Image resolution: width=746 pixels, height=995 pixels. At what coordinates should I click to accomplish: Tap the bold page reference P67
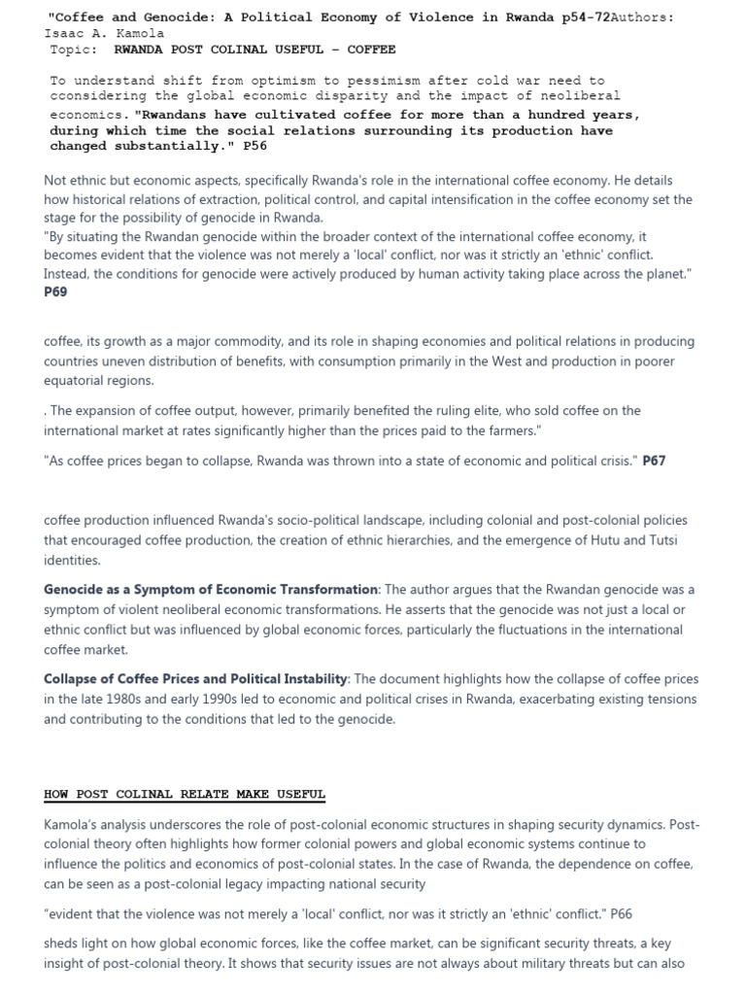pos(654,461)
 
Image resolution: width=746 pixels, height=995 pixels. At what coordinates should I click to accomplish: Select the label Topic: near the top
pos(74,49)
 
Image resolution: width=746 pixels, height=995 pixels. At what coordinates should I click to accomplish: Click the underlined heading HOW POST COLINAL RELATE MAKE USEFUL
pos(185,794)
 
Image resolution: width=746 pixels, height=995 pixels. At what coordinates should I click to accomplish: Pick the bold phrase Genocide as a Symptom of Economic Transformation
pos(211,590)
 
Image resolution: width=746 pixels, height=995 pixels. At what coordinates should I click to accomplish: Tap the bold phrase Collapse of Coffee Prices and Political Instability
pos(195,679)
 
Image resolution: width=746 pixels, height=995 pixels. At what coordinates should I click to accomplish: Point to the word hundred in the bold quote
pos(556,115)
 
